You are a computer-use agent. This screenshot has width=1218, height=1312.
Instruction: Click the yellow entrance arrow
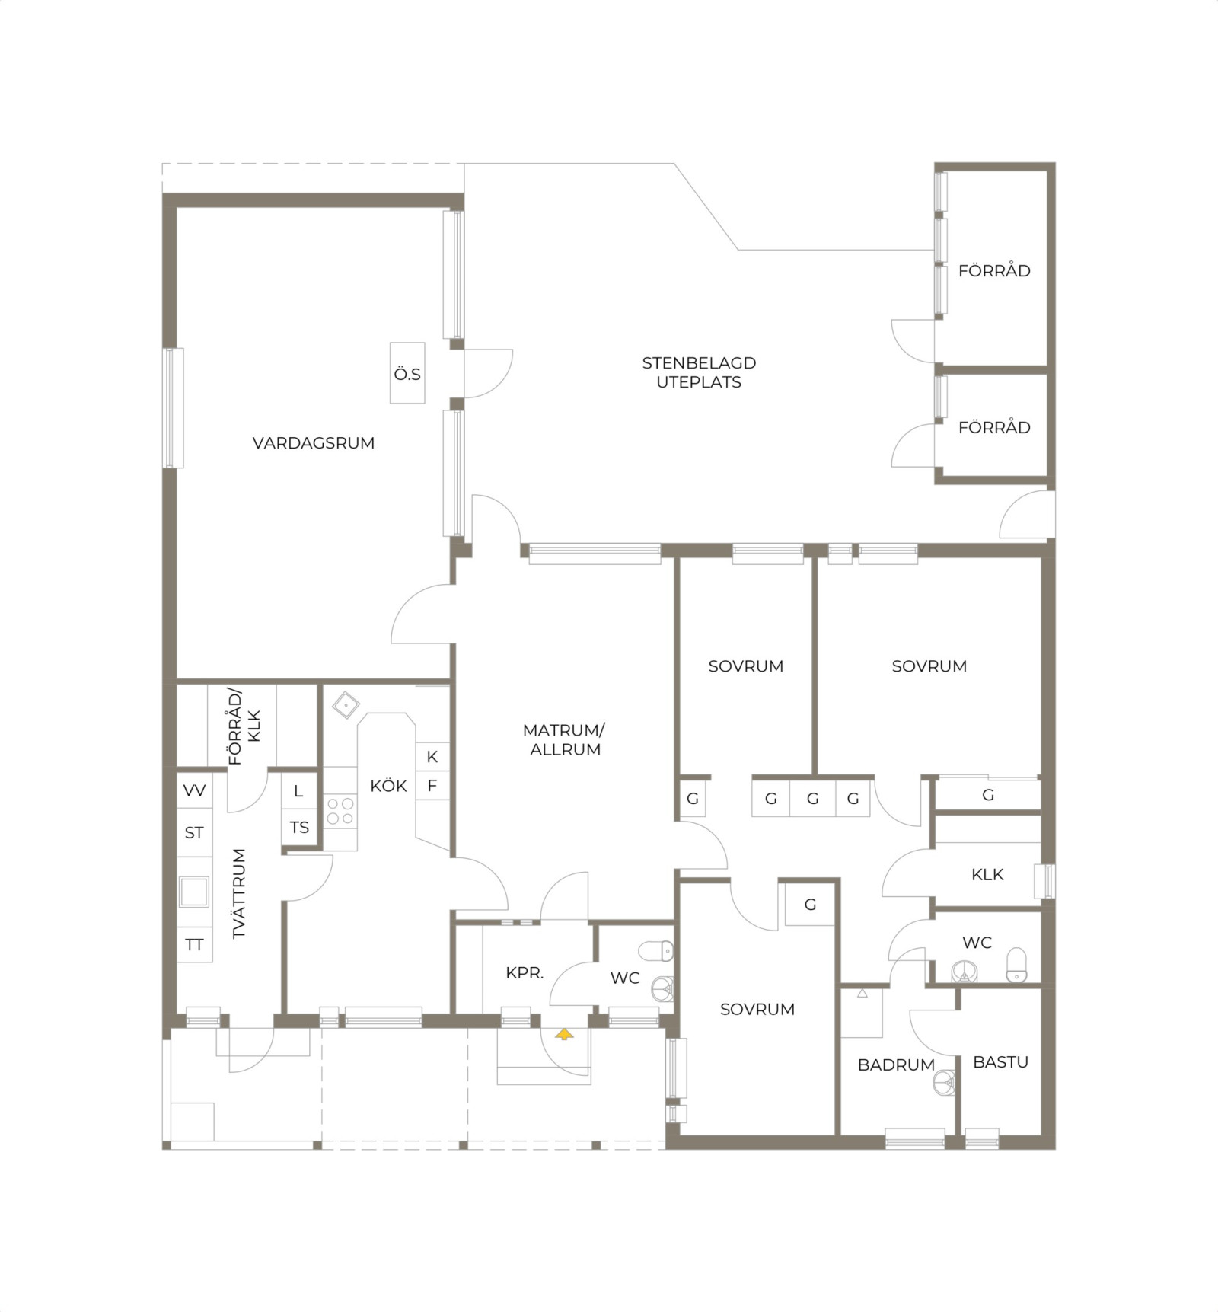[x=563, y=1034]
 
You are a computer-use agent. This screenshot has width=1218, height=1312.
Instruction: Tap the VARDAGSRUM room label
[x=314, y=443]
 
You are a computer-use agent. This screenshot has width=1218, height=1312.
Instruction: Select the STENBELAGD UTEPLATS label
[x=699, y=372]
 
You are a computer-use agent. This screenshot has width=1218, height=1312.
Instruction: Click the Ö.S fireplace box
[x=407, y=373]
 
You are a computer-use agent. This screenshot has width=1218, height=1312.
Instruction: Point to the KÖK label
[x=388, y=786]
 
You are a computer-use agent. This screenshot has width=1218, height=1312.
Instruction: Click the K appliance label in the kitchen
[x=432, y=757]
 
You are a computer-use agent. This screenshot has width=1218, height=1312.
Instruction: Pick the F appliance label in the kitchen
[x=432, y=786]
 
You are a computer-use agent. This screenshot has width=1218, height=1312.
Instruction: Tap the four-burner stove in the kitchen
[x=340, y=811]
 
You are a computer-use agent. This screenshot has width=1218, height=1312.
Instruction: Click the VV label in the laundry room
[x=194, y=790]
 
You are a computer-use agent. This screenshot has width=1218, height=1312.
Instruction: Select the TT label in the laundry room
[x=194, y=945]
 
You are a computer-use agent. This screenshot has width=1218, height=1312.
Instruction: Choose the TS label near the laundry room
[x=299, y=827]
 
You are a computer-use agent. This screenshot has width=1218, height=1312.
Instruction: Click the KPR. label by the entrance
[x=525, y=972]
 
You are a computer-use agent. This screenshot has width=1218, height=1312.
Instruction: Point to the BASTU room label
[x=1000, y=1062]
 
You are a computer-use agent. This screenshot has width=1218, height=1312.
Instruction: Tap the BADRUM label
[x=896, y=1065]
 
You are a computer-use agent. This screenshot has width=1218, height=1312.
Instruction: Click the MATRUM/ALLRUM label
[x=564, y=739]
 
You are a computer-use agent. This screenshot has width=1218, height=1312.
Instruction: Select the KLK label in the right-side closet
[x=987, y=875]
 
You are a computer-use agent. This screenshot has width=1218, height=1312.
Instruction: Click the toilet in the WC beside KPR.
[x=655, y=950]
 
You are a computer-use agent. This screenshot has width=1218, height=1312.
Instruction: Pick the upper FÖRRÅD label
[x=994, y=270]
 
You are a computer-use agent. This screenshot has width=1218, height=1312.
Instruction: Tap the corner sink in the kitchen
[x=346, y=704]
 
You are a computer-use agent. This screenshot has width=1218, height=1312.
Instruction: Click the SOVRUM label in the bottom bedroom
[x=757, y=1010]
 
